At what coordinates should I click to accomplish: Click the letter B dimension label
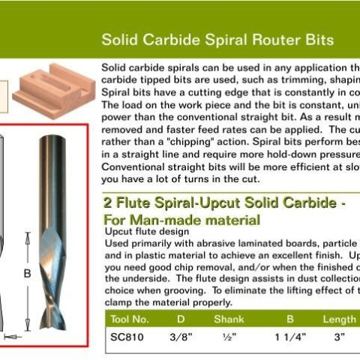coord(27,274)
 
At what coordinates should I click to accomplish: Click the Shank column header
coord(229,319)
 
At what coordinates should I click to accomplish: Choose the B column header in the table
coord(289,319)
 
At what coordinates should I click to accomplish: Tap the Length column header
coord(338,319)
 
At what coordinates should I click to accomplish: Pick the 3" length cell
coord(340,337)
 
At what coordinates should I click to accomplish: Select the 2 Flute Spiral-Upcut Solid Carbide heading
coord(223,204)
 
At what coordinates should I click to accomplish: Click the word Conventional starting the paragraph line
coord(132,166)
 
